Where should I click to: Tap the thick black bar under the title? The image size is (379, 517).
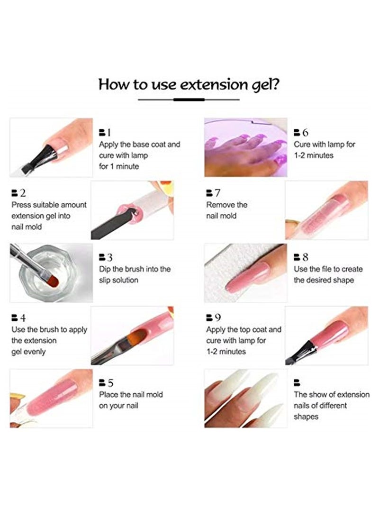point(189,100)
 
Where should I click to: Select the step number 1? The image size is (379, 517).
point(108,132)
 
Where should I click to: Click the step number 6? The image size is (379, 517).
point(305,132)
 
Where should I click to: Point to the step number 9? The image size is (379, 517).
point(217,317)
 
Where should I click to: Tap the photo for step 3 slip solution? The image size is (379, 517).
point(51,272)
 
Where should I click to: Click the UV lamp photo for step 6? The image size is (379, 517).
point(245,147)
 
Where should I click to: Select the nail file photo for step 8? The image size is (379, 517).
point(245,272)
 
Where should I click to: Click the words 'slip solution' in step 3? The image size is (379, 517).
point(118,280)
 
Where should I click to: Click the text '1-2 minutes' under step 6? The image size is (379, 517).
point(314,155)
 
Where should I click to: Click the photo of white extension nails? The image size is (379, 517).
point(245,398)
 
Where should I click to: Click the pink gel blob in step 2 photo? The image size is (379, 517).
point(127,211)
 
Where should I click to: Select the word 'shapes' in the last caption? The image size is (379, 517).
point(306,417)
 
